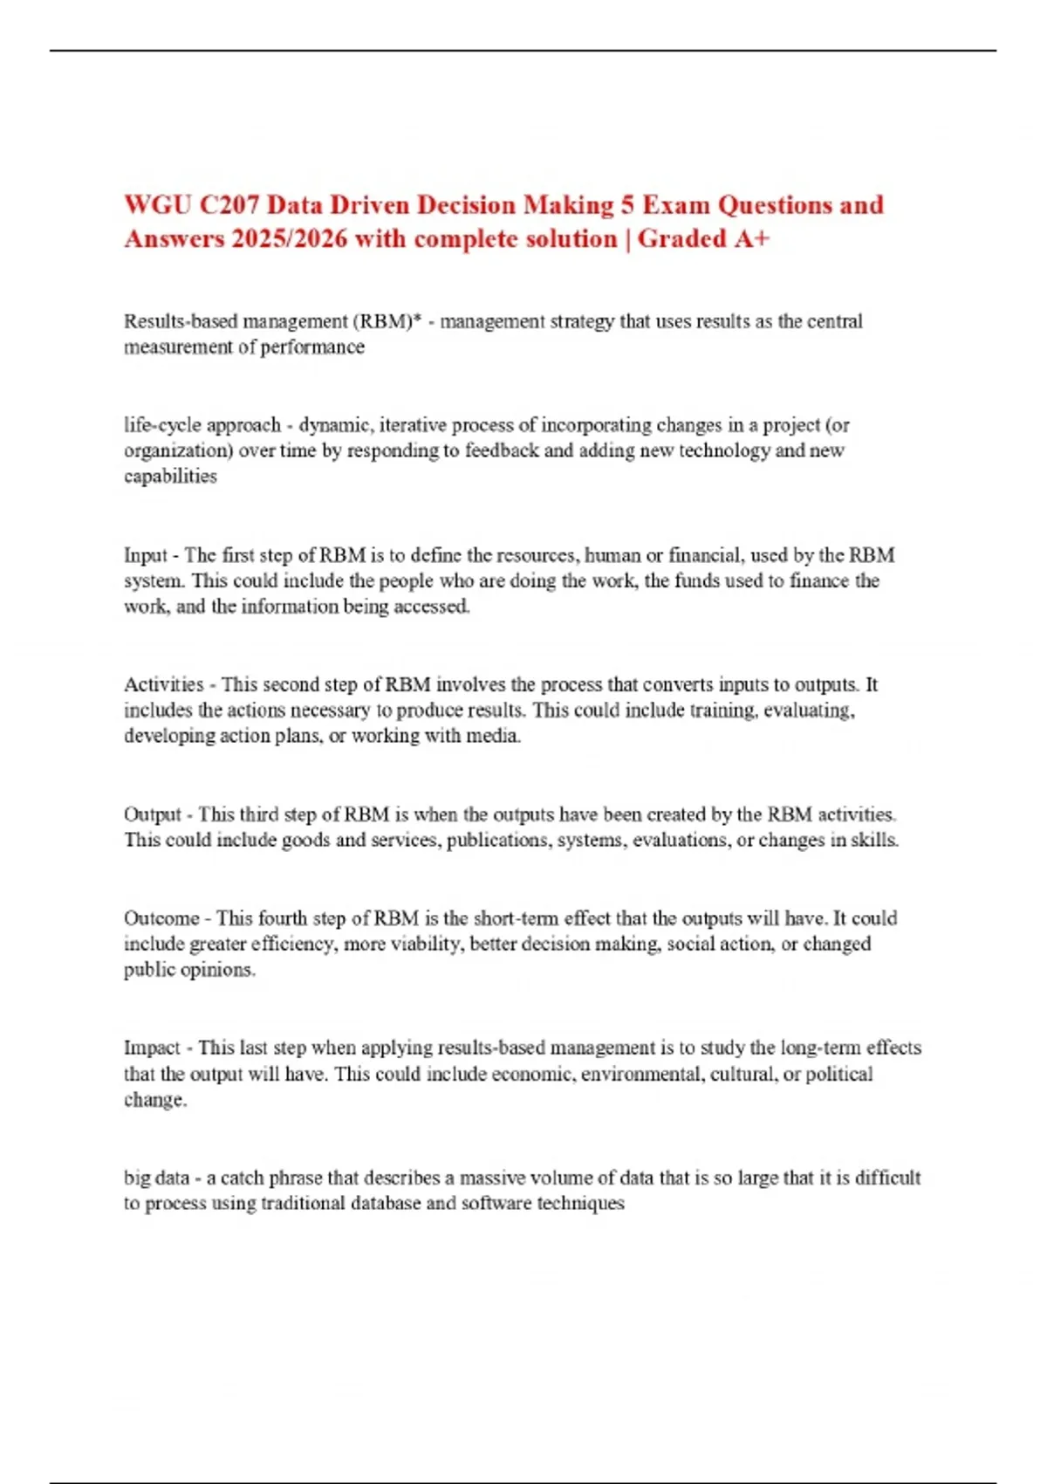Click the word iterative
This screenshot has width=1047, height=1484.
pyautogui.click(x=414, y=425)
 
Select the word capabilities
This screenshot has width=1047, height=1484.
pyautogui.click(x=170, y=477)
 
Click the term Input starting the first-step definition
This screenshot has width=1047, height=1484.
pyautogui.click(x=145, y=555)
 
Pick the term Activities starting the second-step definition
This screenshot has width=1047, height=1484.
pyautogui.click(x=163, y=684)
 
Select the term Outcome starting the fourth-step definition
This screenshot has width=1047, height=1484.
pyautogui.click(x=161, y=918)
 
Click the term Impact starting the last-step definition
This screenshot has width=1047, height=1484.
pyautogui.click(x=152, y=1048)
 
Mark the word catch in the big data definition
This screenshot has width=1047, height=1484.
pyautogui.click(x=242, y=1178)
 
